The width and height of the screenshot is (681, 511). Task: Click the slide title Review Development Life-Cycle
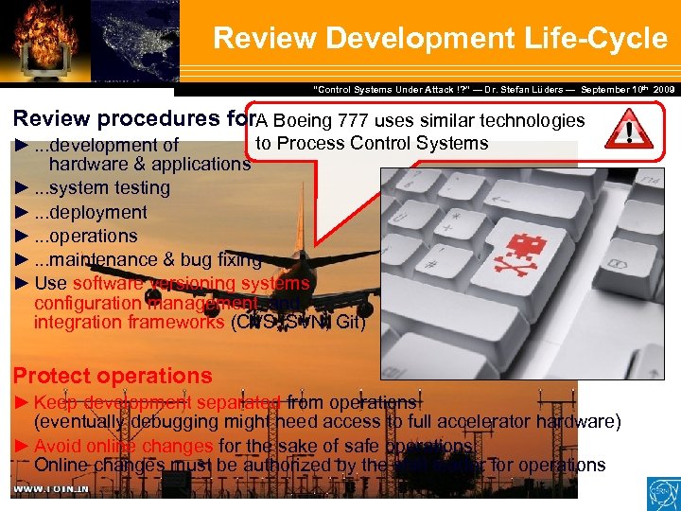point(440,38)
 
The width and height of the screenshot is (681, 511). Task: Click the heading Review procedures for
point(133,120)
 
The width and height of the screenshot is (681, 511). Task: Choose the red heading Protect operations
point(113,376)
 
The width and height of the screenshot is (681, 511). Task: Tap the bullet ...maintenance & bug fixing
point(147,259)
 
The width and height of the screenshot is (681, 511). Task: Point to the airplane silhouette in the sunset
point(284,270)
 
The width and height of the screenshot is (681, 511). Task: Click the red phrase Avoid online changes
point(123,446)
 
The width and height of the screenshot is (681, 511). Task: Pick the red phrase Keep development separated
point(157,402)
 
